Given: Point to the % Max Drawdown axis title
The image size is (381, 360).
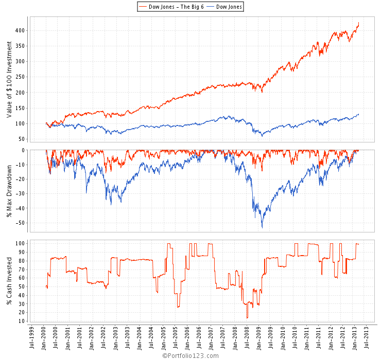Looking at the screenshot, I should point(9,186).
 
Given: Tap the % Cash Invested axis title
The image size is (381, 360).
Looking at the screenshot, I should point(9,281).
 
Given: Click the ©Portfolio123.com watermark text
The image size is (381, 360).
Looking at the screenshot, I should point(190,355).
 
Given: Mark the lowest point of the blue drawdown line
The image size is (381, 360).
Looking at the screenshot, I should point(262,227).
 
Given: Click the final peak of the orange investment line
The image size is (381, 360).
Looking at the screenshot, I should point(358,23).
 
